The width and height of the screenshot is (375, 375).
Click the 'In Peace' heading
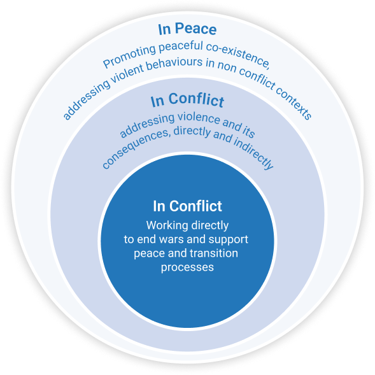187,29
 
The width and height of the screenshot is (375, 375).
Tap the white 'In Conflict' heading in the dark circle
187,206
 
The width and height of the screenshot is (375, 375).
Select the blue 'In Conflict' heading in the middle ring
187,100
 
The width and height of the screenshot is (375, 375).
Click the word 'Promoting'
129,56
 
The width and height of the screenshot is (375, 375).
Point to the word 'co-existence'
239,54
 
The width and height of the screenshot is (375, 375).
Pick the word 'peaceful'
181,46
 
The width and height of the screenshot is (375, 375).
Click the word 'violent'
127,73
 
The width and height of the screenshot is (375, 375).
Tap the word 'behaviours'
174,64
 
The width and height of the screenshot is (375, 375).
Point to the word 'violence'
198,117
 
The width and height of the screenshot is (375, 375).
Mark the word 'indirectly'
254,152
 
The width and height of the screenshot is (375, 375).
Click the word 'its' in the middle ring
248,131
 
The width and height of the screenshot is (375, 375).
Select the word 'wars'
172,239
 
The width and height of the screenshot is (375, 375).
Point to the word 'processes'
187,267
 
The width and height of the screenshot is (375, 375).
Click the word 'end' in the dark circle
147,239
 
